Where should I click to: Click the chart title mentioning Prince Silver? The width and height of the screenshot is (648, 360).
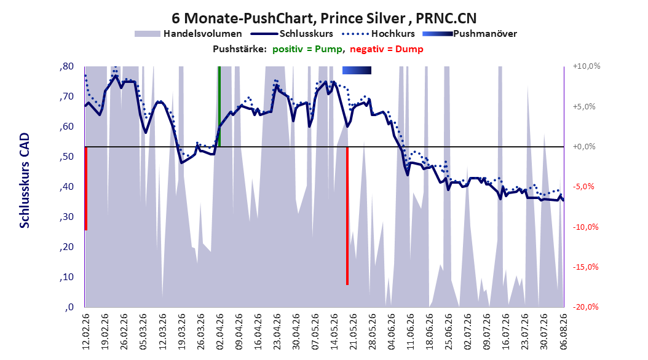324,18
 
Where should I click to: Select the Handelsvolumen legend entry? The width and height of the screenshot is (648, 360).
189,34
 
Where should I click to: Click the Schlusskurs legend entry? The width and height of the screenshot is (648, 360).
292,34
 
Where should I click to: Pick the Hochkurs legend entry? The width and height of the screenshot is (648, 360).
378,34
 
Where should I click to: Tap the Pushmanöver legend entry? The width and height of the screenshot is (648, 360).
470,34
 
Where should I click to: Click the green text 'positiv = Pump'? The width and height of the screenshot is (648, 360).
307,49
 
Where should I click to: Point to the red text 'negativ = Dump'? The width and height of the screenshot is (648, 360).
387,49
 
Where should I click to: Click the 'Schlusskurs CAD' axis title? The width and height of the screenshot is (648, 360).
25,181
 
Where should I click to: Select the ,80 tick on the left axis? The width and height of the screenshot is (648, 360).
67,66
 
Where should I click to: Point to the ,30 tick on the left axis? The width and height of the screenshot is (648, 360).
67,217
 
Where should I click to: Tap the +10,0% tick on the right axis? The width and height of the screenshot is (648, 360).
587,66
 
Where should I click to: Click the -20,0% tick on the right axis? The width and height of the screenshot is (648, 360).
585,307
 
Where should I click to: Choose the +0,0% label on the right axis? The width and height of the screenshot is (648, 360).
584,147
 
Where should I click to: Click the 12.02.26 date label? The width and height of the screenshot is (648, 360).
85,332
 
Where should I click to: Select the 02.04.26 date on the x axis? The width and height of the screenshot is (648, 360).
220,332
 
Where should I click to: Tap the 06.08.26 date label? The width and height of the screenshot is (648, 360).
563,332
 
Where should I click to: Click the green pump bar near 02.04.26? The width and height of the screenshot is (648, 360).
219,106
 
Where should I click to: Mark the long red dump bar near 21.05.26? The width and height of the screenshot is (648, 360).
347,216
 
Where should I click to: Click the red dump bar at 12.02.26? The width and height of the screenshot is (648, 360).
86,188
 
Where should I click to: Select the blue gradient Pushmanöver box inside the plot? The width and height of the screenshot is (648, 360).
357,70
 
